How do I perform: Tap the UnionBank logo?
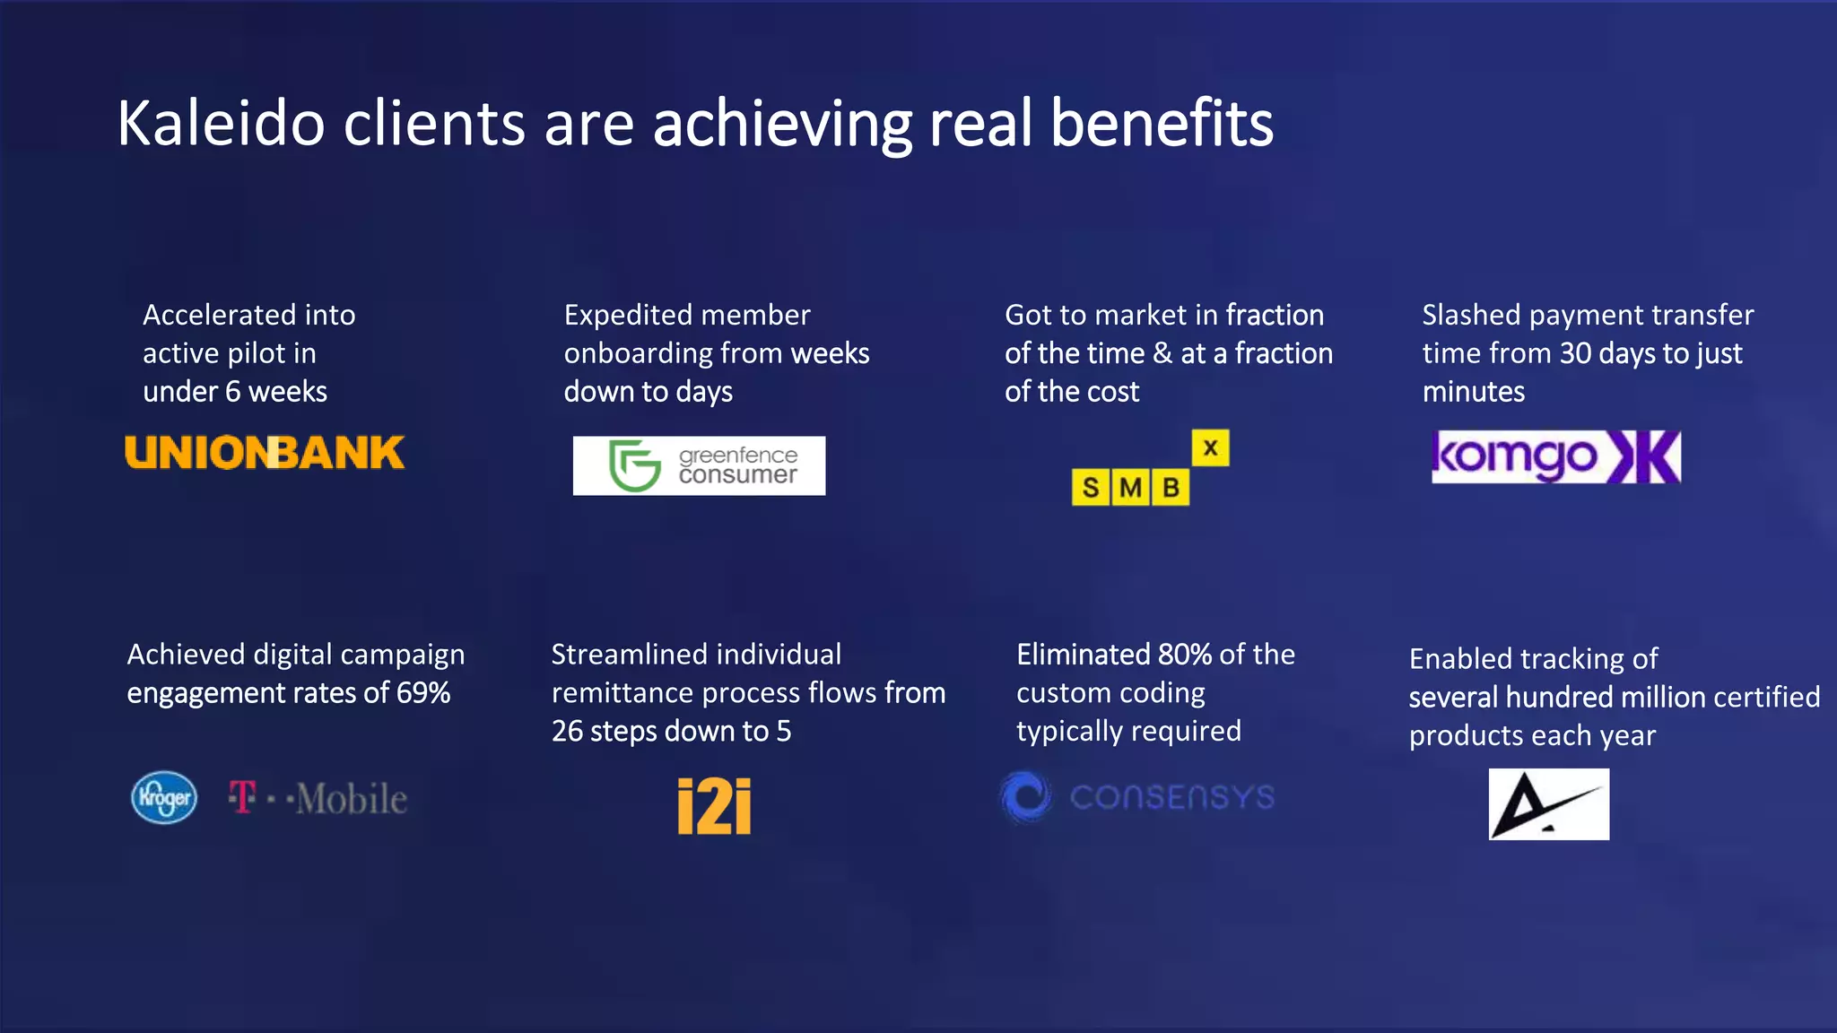[x=265, y=453]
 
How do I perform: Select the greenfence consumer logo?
[x=699, y=465]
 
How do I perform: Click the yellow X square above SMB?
[x=1210, y=447]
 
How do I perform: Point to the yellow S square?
[x=1091, y=488]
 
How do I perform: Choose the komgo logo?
[x=1555, y=457]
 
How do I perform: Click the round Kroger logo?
[x=164, y=797]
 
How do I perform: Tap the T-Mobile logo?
[x=318, y=798]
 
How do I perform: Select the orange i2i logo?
[x=714, y=805]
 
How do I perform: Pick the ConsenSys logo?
[x=1137, y=796]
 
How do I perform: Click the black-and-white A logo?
[x=1548, y=804]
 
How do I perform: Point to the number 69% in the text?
[x=423, y=693]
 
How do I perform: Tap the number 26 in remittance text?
[x=567, y=732]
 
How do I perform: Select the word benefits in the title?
[x=1161, y=124]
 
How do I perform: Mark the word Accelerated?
[x=219, y=315]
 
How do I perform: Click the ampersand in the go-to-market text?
[x=1162, y=353]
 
